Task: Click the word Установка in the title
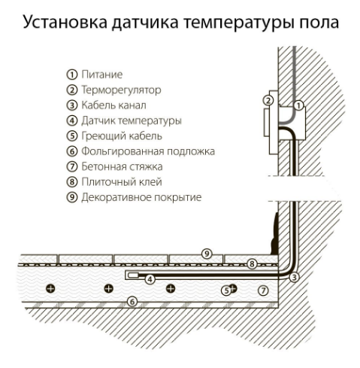coord(65,22)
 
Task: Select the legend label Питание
coord(102,75)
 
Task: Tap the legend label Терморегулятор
coord(121,90)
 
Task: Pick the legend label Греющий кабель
coord(122,136)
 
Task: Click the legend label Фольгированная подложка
coord(148,151)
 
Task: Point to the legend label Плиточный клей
coord(122,182)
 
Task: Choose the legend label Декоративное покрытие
coord(141,197)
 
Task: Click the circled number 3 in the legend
coord(72,105)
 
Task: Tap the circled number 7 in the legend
coord(72,166)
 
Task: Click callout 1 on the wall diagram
coord(298,105)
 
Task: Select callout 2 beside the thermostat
coord(268,101)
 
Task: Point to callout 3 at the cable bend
coord(294,277)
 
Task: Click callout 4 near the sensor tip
coord(150,279)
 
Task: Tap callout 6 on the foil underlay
coord(132,301)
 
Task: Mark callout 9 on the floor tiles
coord(207,254)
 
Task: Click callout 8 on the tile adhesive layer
coord(252,264)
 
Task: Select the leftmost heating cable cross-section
coord(51,288)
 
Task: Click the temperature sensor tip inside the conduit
coord(133,275)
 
